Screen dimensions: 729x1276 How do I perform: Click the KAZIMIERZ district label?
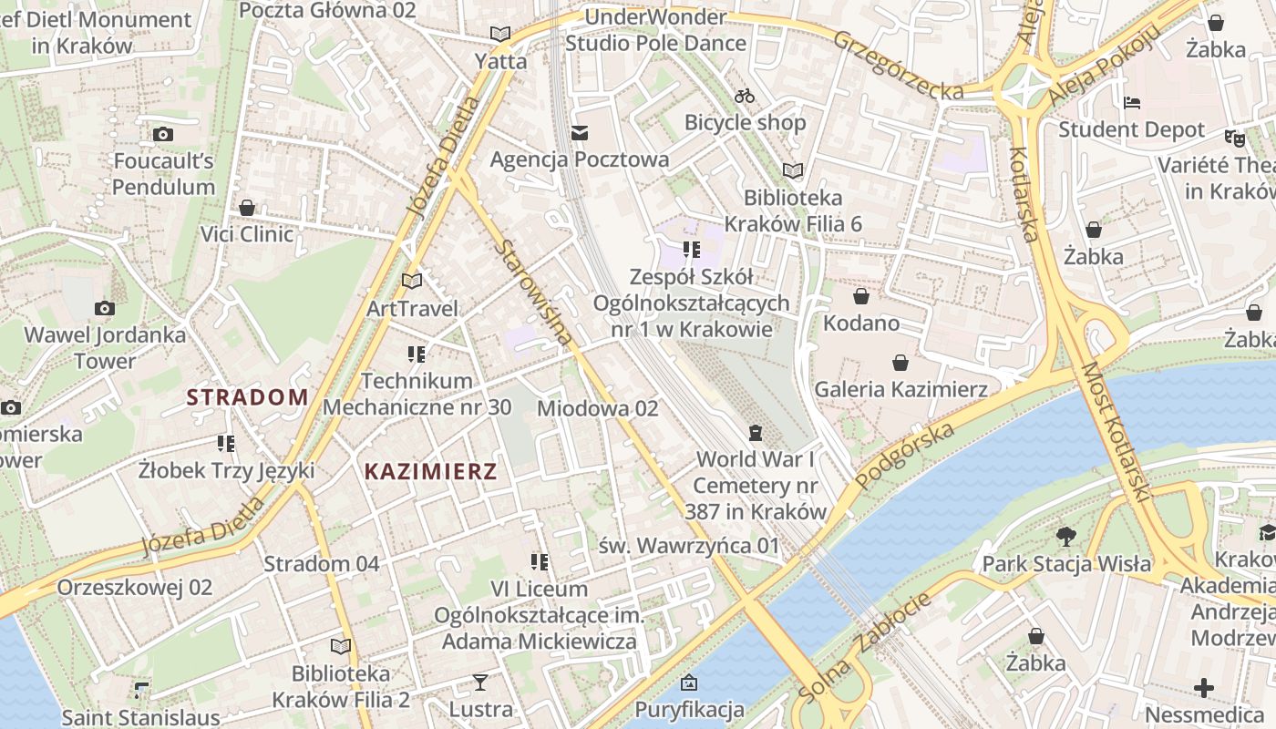pyautogui.click(x=431, y=471)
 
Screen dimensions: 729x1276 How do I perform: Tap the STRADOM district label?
pyautogui.click(x=248, y=396)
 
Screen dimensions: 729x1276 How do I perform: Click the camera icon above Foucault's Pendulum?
pyautogui.click(x=163, y=135)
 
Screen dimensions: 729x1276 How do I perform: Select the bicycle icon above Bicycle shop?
pyautogui.click(x=745, y=96)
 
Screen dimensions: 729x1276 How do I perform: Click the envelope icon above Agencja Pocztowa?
pyautogui.click(x=580, y=133)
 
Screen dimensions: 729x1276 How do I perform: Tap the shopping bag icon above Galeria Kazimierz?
pyautogui.click(x=900, y=363)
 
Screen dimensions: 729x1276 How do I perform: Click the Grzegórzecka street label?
pyautogui.click(x=898, y=66)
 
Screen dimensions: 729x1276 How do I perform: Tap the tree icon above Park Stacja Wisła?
pyautogui.click(x=1065, y=537)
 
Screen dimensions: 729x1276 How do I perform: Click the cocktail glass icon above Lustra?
pyautogui.click(x=480, y=682)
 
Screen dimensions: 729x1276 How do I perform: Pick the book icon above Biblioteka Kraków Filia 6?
pyautogui.click(x=793, y=170)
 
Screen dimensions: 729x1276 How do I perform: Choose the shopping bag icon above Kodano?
pyautogui.click(x=861, y=296)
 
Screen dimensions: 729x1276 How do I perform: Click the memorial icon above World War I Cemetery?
pyautogui.click(x=755, y=432)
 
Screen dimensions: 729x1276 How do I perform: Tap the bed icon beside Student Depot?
pyautogui.click(x=1132, y=103)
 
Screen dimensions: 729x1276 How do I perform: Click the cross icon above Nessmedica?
pyautogui.click(x=1204, y=687)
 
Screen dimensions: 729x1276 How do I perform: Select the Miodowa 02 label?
pyautogui.click(x=597, y=408)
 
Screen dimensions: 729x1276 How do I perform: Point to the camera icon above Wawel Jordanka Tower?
pyautogui.click(x=105, y=308)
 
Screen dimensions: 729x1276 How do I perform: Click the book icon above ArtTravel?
pyautogui.click(x=412, y=281)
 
